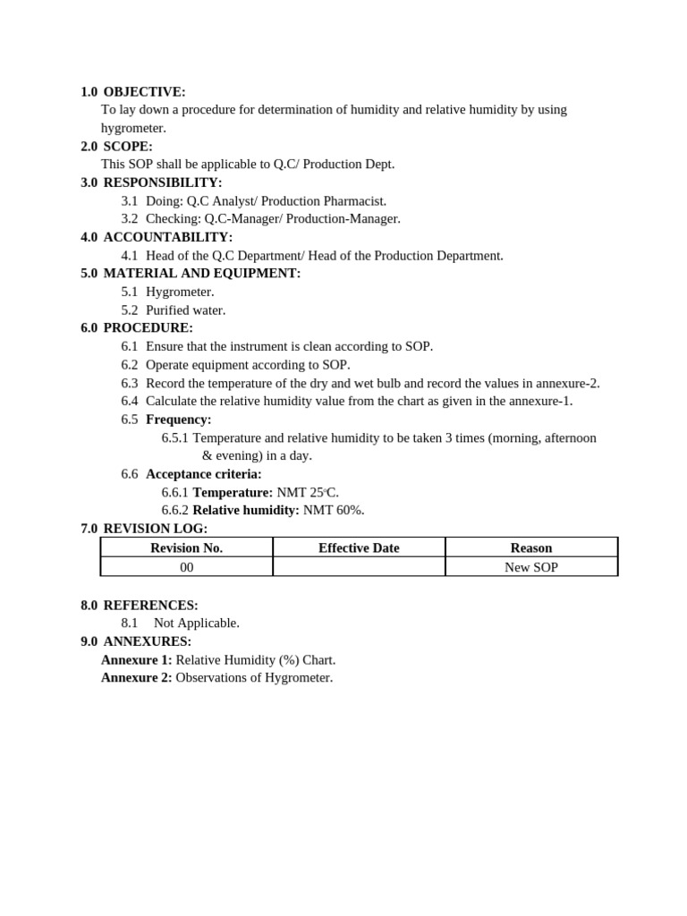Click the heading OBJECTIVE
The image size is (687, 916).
144,92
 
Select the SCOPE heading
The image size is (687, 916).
128,147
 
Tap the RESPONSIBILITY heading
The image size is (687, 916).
163,183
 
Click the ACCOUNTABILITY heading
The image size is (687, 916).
167,237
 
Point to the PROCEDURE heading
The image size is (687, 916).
148,328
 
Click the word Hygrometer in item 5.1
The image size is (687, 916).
180,292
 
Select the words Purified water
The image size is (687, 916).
186,310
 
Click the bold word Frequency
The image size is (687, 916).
179,420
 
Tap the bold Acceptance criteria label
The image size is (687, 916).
204,474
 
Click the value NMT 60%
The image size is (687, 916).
334,510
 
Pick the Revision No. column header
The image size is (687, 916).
186,547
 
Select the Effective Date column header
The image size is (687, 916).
359,547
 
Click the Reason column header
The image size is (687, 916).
531,547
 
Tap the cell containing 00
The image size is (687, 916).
186,567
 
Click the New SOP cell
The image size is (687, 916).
531,567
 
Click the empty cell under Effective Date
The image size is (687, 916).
359,567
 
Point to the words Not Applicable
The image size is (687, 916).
197,623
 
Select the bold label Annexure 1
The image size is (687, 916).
137,660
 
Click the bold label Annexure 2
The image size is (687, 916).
137,678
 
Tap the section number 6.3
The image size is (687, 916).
130,384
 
